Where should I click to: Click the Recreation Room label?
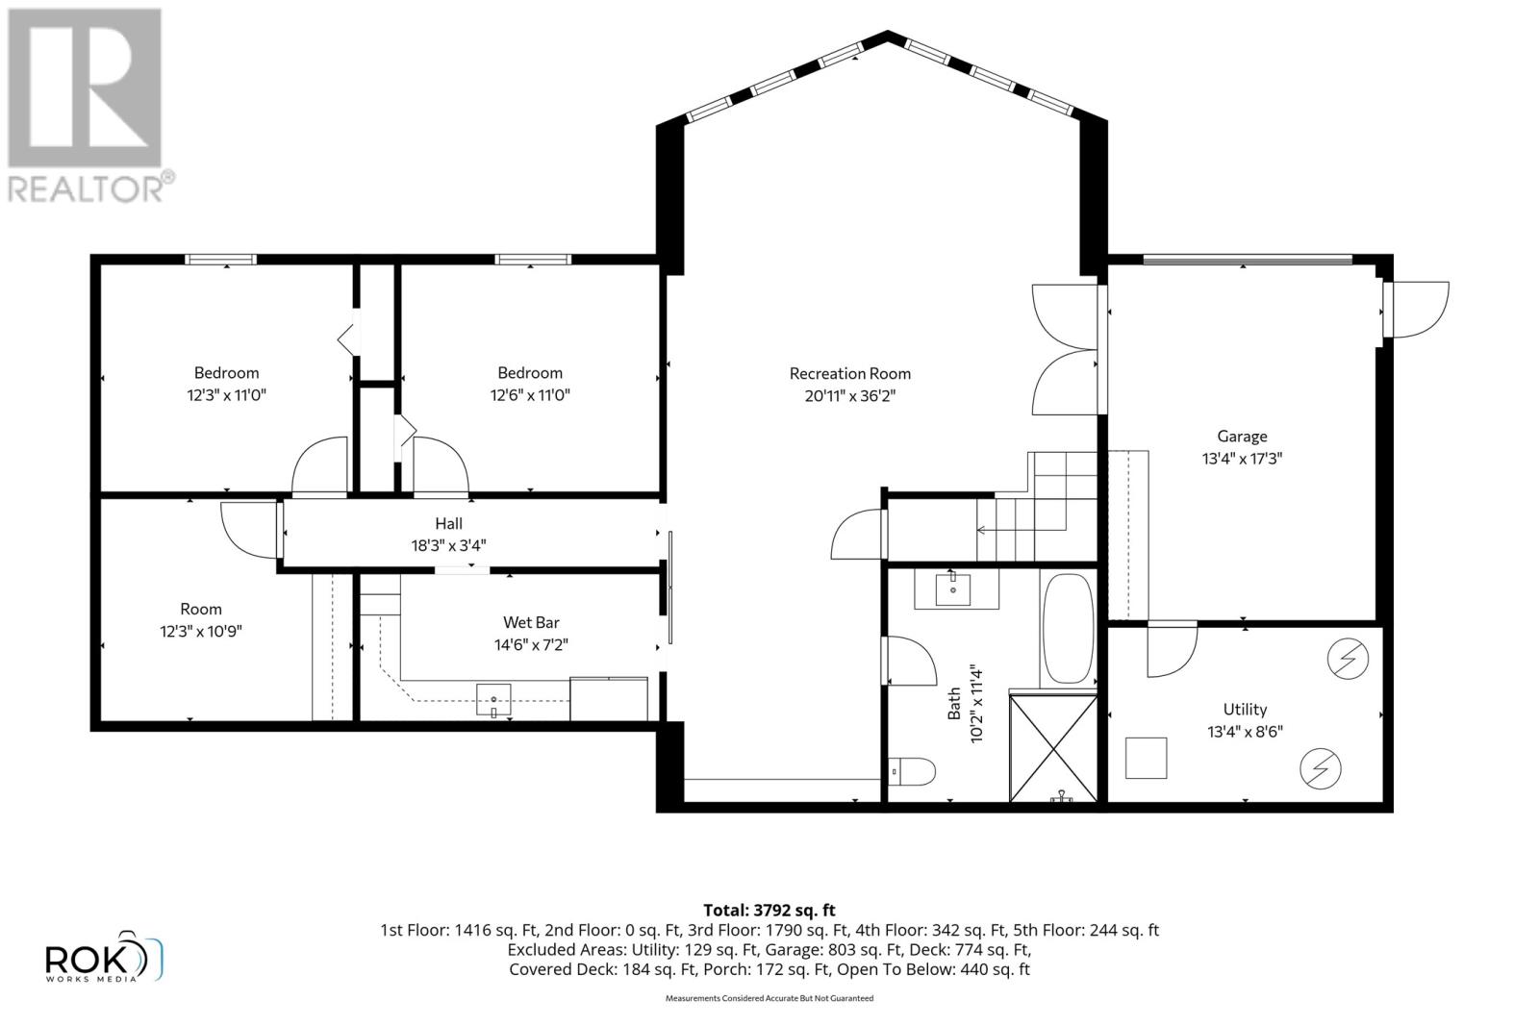pos(850,374)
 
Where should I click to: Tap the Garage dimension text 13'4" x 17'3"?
pos(1242,458)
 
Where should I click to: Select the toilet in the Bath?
pos(911,771)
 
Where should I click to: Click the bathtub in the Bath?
pos(1068,628)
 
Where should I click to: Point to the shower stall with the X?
pos(1052,748)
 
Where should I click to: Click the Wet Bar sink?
pos(494,700)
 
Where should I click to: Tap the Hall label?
pos(448,523)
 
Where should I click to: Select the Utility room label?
pos(1245,709)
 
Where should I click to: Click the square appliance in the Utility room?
pos(1146,758)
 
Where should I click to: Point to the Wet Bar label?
pos(531,622)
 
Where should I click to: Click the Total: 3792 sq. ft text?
pos(769,910)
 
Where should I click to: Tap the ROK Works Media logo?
pos(103,956)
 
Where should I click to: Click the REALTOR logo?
pos(89,107)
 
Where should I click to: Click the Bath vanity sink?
pos(953,589)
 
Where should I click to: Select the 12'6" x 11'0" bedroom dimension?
pos(530,395)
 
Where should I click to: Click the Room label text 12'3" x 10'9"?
pos(201,631)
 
